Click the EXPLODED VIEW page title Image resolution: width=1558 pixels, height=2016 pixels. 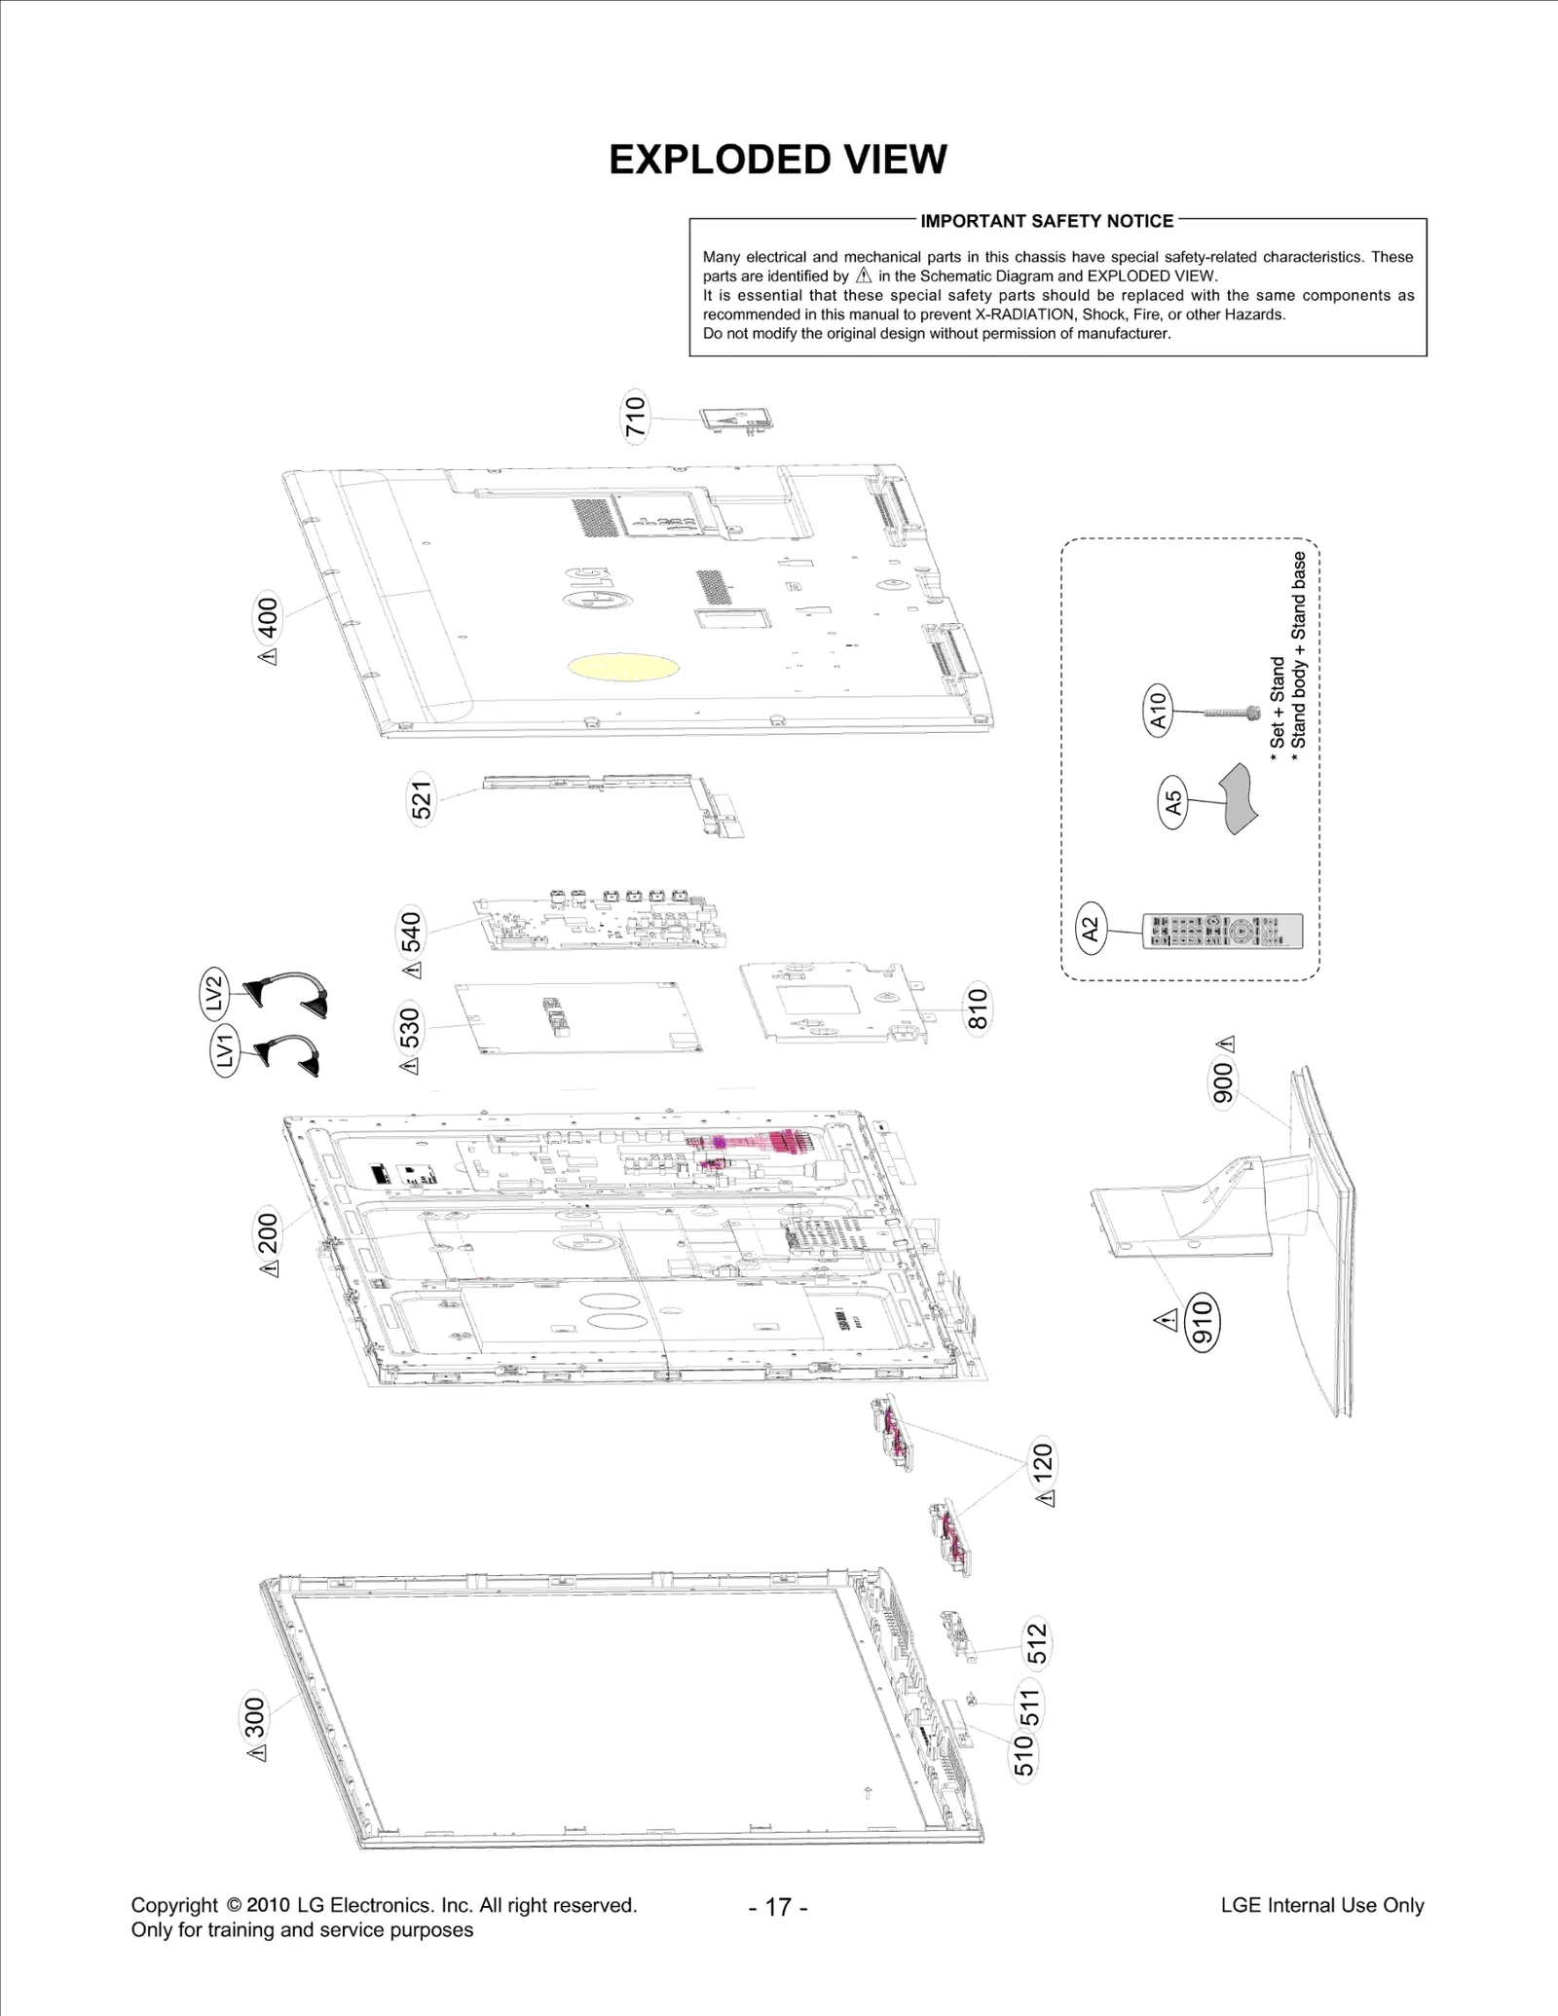pyautogui.click(x=777, y=160)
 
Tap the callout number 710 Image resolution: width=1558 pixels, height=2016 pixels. pyautogui.click(x=635, y=417)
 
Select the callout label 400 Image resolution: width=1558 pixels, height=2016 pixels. pyautogui.click(x=267, y=617)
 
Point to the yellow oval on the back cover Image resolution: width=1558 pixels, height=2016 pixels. pyautogui.click(x=623, y=667)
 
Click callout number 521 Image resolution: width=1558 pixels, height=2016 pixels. pyautogui.click(x=421, y=801)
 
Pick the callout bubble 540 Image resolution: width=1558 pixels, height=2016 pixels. pyautogui.click(x=412, y=932)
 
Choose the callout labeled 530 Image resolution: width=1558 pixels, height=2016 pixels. pyautogui.click(x=410, y=1028)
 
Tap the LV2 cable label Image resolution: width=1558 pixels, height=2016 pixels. pyautogui.click(x=214, y=992)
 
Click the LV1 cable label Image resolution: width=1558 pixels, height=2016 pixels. pyautogui.click(x=225, y=1050)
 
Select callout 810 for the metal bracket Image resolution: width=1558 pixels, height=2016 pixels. pyautogui.click(x=977, y=1008)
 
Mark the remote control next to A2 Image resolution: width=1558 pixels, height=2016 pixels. pyautogui.click(x=1222, y=931)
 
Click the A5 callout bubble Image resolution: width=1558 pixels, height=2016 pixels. pyautogui.click(x=1173, y=801)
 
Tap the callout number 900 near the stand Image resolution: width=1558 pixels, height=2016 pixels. pyautogui.click(x=1222, y=1082)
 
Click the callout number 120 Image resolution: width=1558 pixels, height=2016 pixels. pyautogui.click(x=1042, y=1463)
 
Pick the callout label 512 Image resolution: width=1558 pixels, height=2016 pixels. pyautogui.click(x=1037, y=1643)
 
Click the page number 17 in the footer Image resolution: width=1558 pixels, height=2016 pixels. pyautogui.click(x=778, y=1907)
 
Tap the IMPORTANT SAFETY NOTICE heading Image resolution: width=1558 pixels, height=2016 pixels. pyautogui.click(x=1047, y=221)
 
